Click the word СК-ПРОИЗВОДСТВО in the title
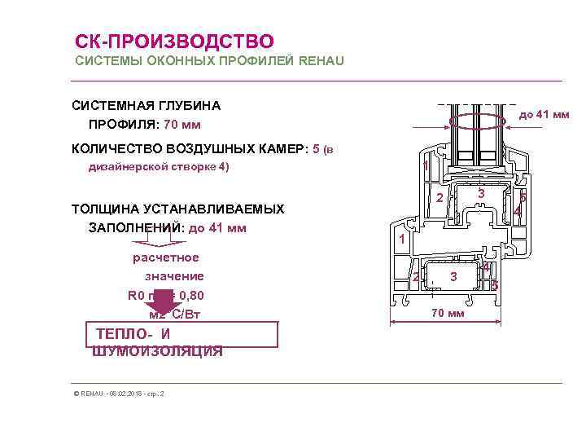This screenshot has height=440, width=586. point(174,41)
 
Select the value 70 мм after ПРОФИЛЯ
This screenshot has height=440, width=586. point(181,125)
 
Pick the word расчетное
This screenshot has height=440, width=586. point(166,257)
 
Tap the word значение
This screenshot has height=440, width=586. point(174,276)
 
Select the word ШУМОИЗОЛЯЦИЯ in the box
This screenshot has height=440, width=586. point(158,351)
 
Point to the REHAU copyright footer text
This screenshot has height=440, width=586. point(119,394)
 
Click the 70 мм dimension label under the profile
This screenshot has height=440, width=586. point(448,314)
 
